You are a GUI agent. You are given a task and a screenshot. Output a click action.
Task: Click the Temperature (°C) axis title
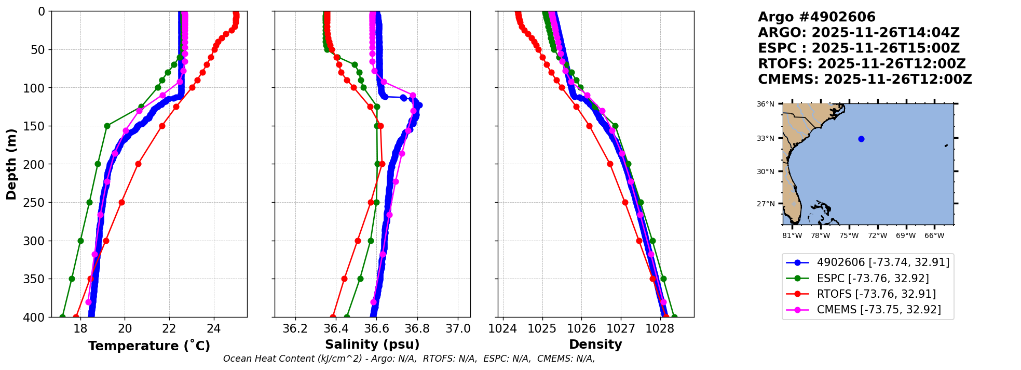coord(149,346)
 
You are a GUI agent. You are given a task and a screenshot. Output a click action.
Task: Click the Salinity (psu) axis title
coord(372,345)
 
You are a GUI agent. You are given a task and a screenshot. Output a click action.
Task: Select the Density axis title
coord(595,345)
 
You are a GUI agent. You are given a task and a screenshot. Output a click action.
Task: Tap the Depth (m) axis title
coord(11,164)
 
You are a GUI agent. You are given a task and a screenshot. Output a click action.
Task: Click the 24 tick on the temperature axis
coord(214,328)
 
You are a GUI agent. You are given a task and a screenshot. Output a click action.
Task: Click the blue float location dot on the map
coord(861,139)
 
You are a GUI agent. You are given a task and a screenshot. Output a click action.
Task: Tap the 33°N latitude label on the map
coord(766,138)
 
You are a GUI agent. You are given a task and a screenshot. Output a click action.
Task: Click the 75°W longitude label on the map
coord(849,236)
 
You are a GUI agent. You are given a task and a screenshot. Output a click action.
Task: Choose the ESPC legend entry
coord(873,278)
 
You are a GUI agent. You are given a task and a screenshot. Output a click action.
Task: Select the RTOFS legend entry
coord(876,294)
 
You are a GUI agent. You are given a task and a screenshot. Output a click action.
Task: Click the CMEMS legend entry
coord(878,310)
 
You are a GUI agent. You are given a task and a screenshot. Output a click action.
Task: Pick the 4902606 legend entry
coord(883,262)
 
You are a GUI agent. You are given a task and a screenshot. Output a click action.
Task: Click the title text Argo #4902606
coord(816,17)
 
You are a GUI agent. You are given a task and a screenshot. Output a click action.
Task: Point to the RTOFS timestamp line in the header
coord(862,64)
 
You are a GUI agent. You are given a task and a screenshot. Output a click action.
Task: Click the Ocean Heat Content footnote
coord(409,359)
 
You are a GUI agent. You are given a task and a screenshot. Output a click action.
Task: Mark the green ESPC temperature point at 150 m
coord(107,126)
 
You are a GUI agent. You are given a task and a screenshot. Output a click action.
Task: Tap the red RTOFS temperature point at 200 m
coord(138,164)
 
